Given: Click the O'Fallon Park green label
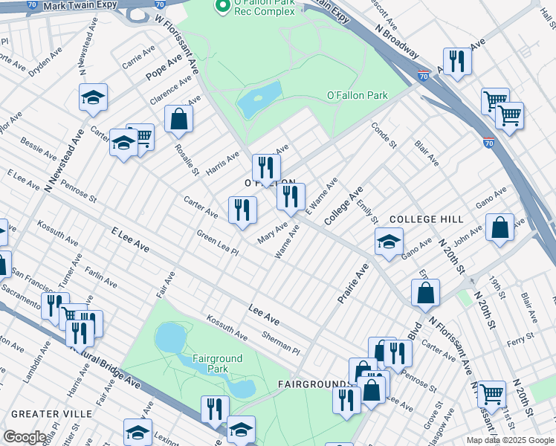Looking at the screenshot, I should pos(358,95).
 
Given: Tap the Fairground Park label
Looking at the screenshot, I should pos(218,364).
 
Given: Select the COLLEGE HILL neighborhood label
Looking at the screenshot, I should pos(427,219).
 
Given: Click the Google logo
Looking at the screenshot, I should pos(25,437).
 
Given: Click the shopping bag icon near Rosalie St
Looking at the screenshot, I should pos(179,118).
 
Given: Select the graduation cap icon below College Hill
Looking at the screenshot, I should pos(388,242).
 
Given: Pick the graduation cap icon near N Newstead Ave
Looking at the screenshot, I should pos(94,97).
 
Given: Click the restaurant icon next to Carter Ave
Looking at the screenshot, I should pos(242,210).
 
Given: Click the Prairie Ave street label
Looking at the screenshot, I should pos(353,285).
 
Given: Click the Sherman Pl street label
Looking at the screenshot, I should pos(279,343).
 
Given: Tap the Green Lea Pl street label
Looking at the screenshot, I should pos(216,243).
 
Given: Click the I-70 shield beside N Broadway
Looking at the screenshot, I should pos(423,75).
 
